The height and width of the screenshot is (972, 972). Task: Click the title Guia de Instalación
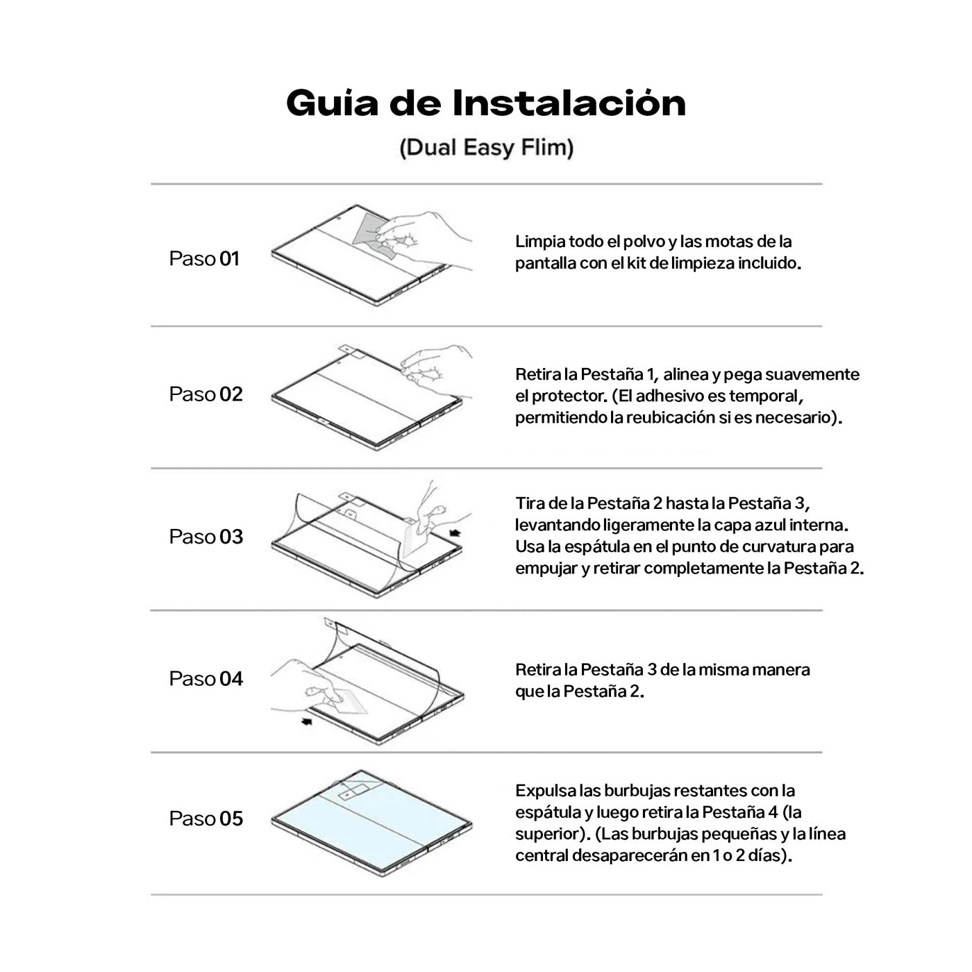click(x=486, y=103)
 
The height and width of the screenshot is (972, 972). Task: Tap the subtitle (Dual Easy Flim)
click(x=486, y=148)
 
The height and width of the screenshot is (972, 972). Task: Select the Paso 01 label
click(x=204, y=259)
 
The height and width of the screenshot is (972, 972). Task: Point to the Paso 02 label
click(x=206, y=394)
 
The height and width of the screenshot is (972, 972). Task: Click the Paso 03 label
click(x=206, y=537)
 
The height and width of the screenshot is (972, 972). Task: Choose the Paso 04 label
click(x=206, y=678)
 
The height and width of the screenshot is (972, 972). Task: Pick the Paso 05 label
click(x=206, y=819)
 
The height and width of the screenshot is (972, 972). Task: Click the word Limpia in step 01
click(x=539, y=242)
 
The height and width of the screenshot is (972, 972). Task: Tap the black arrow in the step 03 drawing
click(x=455, y=533)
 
